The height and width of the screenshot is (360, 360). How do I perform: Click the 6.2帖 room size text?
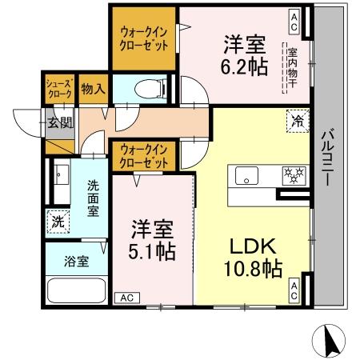245,67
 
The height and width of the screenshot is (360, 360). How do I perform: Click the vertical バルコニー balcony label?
327,158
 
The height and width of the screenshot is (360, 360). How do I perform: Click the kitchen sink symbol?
245,174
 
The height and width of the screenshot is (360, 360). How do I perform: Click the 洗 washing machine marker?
57,219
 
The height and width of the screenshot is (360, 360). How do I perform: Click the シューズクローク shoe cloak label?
58,89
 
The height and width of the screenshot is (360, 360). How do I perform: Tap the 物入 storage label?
93,89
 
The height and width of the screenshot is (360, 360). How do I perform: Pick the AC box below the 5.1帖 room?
126,298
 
